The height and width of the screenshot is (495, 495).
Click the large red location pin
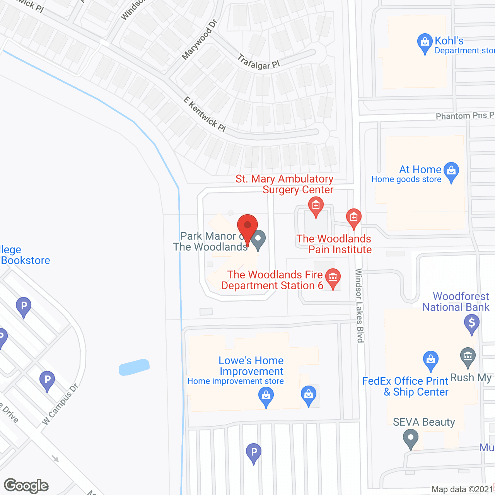247,226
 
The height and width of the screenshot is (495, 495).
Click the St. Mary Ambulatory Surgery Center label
285,184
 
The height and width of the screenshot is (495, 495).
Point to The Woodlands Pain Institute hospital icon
353,217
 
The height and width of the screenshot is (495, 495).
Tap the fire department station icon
333,277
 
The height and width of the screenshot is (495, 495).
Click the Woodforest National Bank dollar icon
472,322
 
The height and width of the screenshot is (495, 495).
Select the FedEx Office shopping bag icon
430,359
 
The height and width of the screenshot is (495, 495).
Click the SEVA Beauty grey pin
410,439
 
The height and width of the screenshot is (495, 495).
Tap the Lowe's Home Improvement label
251,366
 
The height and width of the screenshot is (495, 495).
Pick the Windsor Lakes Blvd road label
360,306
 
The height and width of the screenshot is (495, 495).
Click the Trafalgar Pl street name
258,62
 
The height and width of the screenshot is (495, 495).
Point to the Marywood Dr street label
200,39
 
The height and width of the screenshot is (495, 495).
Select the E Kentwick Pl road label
205,114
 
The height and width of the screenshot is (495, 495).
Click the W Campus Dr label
60,404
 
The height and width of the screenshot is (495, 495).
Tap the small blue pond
134,367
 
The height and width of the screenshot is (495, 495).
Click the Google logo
26,486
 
